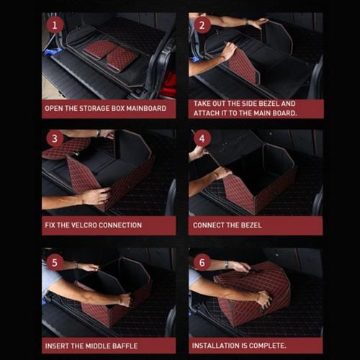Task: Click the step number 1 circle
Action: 55,25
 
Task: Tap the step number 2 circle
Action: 202,25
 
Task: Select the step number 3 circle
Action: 55,138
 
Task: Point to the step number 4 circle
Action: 202,138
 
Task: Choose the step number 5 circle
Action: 55,262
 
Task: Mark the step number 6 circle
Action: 202,262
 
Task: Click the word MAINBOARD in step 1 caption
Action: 146,108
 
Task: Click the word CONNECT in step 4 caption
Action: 207,225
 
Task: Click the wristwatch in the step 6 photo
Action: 226,264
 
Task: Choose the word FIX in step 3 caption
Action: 50,225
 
